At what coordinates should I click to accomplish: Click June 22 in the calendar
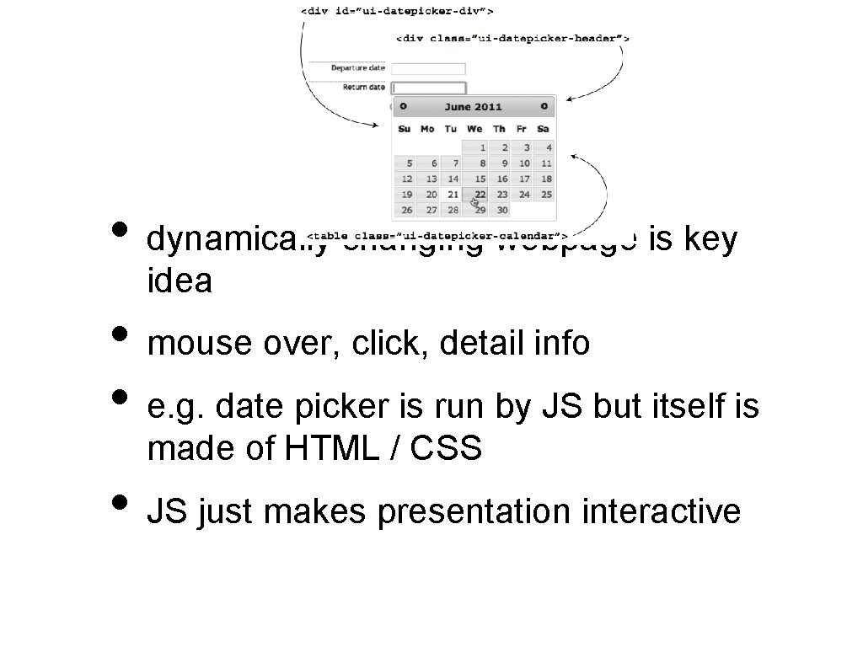click(x=480, y=195)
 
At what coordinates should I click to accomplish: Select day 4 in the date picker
click(x=547, y=147)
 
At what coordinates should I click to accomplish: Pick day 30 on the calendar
click(x=502, y=210)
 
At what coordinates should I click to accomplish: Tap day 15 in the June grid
click(x=480, y=179)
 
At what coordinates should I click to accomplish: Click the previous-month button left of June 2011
click(x=404, y=106)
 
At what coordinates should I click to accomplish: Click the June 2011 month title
click(x=473, y=107)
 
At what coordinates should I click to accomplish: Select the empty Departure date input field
click(x=429, y=68)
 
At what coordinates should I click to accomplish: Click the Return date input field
click(x=429, y=87)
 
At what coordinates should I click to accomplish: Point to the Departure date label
click(x=357, y=68)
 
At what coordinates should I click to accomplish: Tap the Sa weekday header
click(x=543, y=129)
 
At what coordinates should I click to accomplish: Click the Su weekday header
click(x=405, y=129)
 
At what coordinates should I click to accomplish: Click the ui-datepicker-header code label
click(x=513, y=38)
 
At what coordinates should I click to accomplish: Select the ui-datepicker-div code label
click(x=397, y=11)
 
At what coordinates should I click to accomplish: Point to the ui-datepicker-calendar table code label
click(x=437, y=234)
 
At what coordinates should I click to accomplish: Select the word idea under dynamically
click(x=179, y=281)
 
